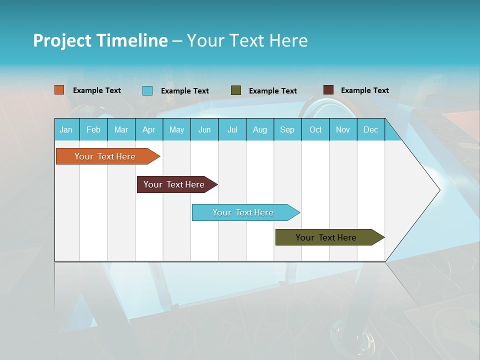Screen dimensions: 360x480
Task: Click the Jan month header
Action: [66, 129]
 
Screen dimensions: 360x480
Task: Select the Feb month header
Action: [93, 129]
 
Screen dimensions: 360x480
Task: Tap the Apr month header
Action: [149, 129]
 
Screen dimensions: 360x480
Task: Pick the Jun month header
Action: [204, 129]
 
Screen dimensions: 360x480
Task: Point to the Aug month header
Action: [260, 129]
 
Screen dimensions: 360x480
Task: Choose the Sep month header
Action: [287, 129]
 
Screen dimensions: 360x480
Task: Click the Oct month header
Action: [315, 129]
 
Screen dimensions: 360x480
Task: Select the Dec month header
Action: [371, 129]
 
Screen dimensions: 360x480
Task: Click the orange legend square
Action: [59, 90]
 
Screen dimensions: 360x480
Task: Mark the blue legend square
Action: [147, 90]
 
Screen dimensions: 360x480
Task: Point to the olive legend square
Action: [236, 90]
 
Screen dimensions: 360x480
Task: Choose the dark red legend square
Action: [328, 90]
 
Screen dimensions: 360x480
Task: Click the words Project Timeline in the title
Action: [100, 40]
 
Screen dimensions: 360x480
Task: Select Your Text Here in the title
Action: [247, 40]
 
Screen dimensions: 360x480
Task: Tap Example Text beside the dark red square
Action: [364, 90]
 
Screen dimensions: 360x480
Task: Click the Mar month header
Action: [121, 129]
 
